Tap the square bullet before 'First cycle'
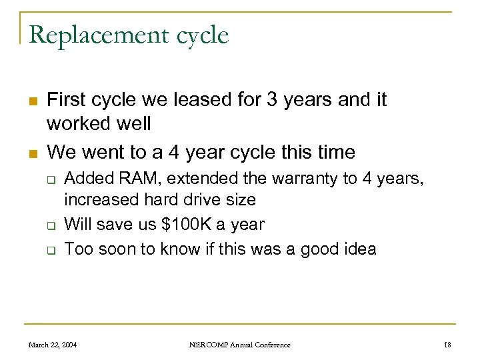coord(31,101)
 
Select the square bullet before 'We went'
coord(31,153)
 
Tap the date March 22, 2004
coord(52,345)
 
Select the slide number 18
coord(447,345)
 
